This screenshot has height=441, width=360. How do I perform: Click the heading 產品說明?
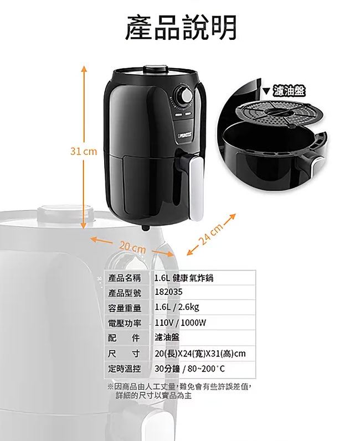pos(181,27)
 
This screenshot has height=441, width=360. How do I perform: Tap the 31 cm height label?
pos(84,152)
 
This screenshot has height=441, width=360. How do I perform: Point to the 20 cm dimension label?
pos(132,247)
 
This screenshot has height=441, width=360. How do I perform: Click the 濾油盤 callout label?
pos(289,91)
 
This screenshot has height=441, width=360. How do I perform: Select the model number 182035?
pos(168,292)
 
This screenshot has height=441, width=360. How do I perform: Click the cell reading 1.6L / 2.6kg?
pos(177,307)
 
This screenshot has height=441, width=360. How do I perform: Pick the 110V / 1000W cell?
pos(181,323)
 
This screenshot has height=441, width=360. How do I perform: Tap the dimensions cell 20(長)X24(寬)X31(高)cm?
pos(200,353)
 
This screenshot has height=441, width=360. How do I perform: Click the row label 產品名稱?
pos(125,278)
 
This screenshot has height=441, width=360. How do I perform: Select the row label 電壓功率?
pos(125,323)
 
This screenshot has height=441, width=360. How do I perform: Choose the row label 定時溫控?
pos(125,368)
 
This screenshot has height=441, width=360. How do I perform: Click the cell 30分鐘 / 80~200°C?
pos(190,369)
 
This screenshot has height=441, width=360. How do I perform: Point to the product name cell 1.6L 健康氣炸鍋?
pos(184,278)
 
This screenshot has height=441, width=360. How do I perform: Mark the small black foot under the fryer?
pos(145,227)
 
